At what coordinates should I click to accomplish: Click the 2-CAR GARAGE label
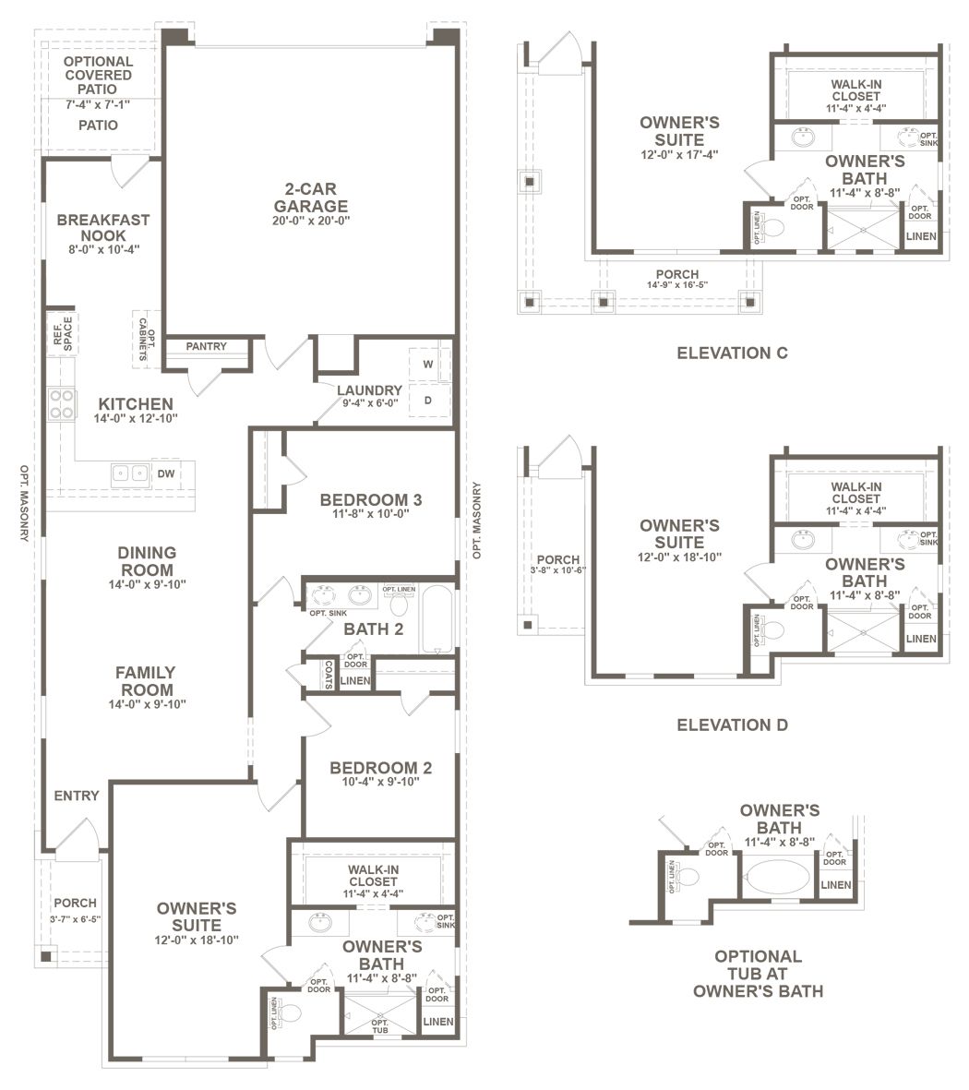click(311, 198)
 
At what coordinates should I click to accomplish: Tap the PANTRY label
click(207, 346)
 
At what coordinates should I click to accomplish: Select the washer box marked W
click(429, 365)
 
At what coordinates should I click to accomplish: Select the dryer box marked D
click(429, 400)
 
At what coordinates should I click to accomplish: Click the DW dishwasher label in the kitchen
click(166, 474)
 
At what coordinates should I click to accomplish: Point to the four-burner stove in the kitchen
click(62, 404)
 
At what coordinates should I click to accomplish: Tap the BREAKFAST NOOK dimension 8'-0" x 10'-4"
click(104, 249)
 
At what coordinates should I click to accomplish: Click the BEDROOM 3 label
click(370, 500)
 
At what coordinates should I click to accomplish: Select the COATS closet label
click(329, 675)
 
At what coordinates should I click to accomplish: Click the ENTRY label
click(77, 796)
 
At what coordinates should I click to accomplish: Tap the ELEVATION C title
click(732, 353)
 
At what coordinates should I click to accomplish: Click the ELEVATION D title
click(732, 725)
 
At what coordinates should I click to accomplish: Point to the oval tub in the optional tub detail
click(777, 878)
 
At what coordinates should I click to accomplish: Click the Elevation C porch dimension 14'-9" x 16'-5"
click(677, 284)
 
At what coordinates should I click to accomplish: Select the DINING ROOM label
click(147, 561)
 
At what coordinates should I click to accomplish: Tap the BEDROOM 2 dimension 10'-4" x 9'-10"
click(380, 782)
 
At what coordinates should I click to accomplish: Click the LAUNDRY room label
click(370, 390)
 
